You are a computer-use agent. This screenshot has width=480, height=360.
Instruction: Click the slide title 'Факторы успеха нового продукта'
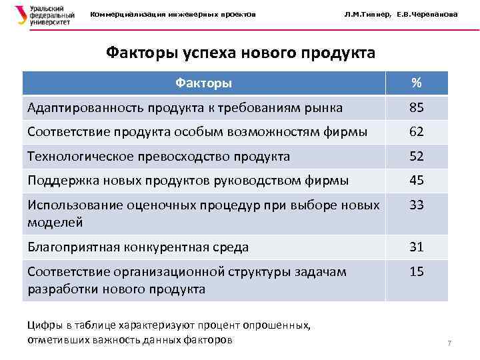(240, 53)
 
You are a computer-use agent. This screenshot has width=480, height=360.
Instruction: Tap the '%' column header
(416, 83)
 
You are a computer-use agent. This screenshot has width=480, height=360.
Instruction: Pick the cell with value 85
(417, 107)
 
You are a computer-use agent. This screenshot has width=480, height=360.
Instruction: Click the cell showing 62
(417, 132)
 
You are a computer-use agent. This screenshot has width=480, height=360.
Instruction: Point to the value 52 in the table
(417, 157)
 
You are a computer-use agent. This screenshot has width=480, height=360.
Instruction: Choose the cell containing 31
(417, 247)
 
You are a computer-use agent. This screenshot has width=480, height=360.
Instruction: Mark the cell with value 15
(417, 272)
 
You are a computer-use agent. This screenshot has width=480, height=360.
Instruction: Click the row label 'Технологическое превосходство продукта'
(159, 157)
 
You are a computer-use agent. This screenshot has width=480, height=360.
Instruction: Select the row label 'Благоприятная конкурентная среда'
(138, 247)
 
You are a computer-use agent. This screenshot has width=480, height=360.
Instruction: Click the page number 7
(449, 343)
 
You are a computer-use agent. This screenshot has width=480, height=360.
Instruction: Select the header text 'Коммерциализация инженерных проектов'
(173, 15)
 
